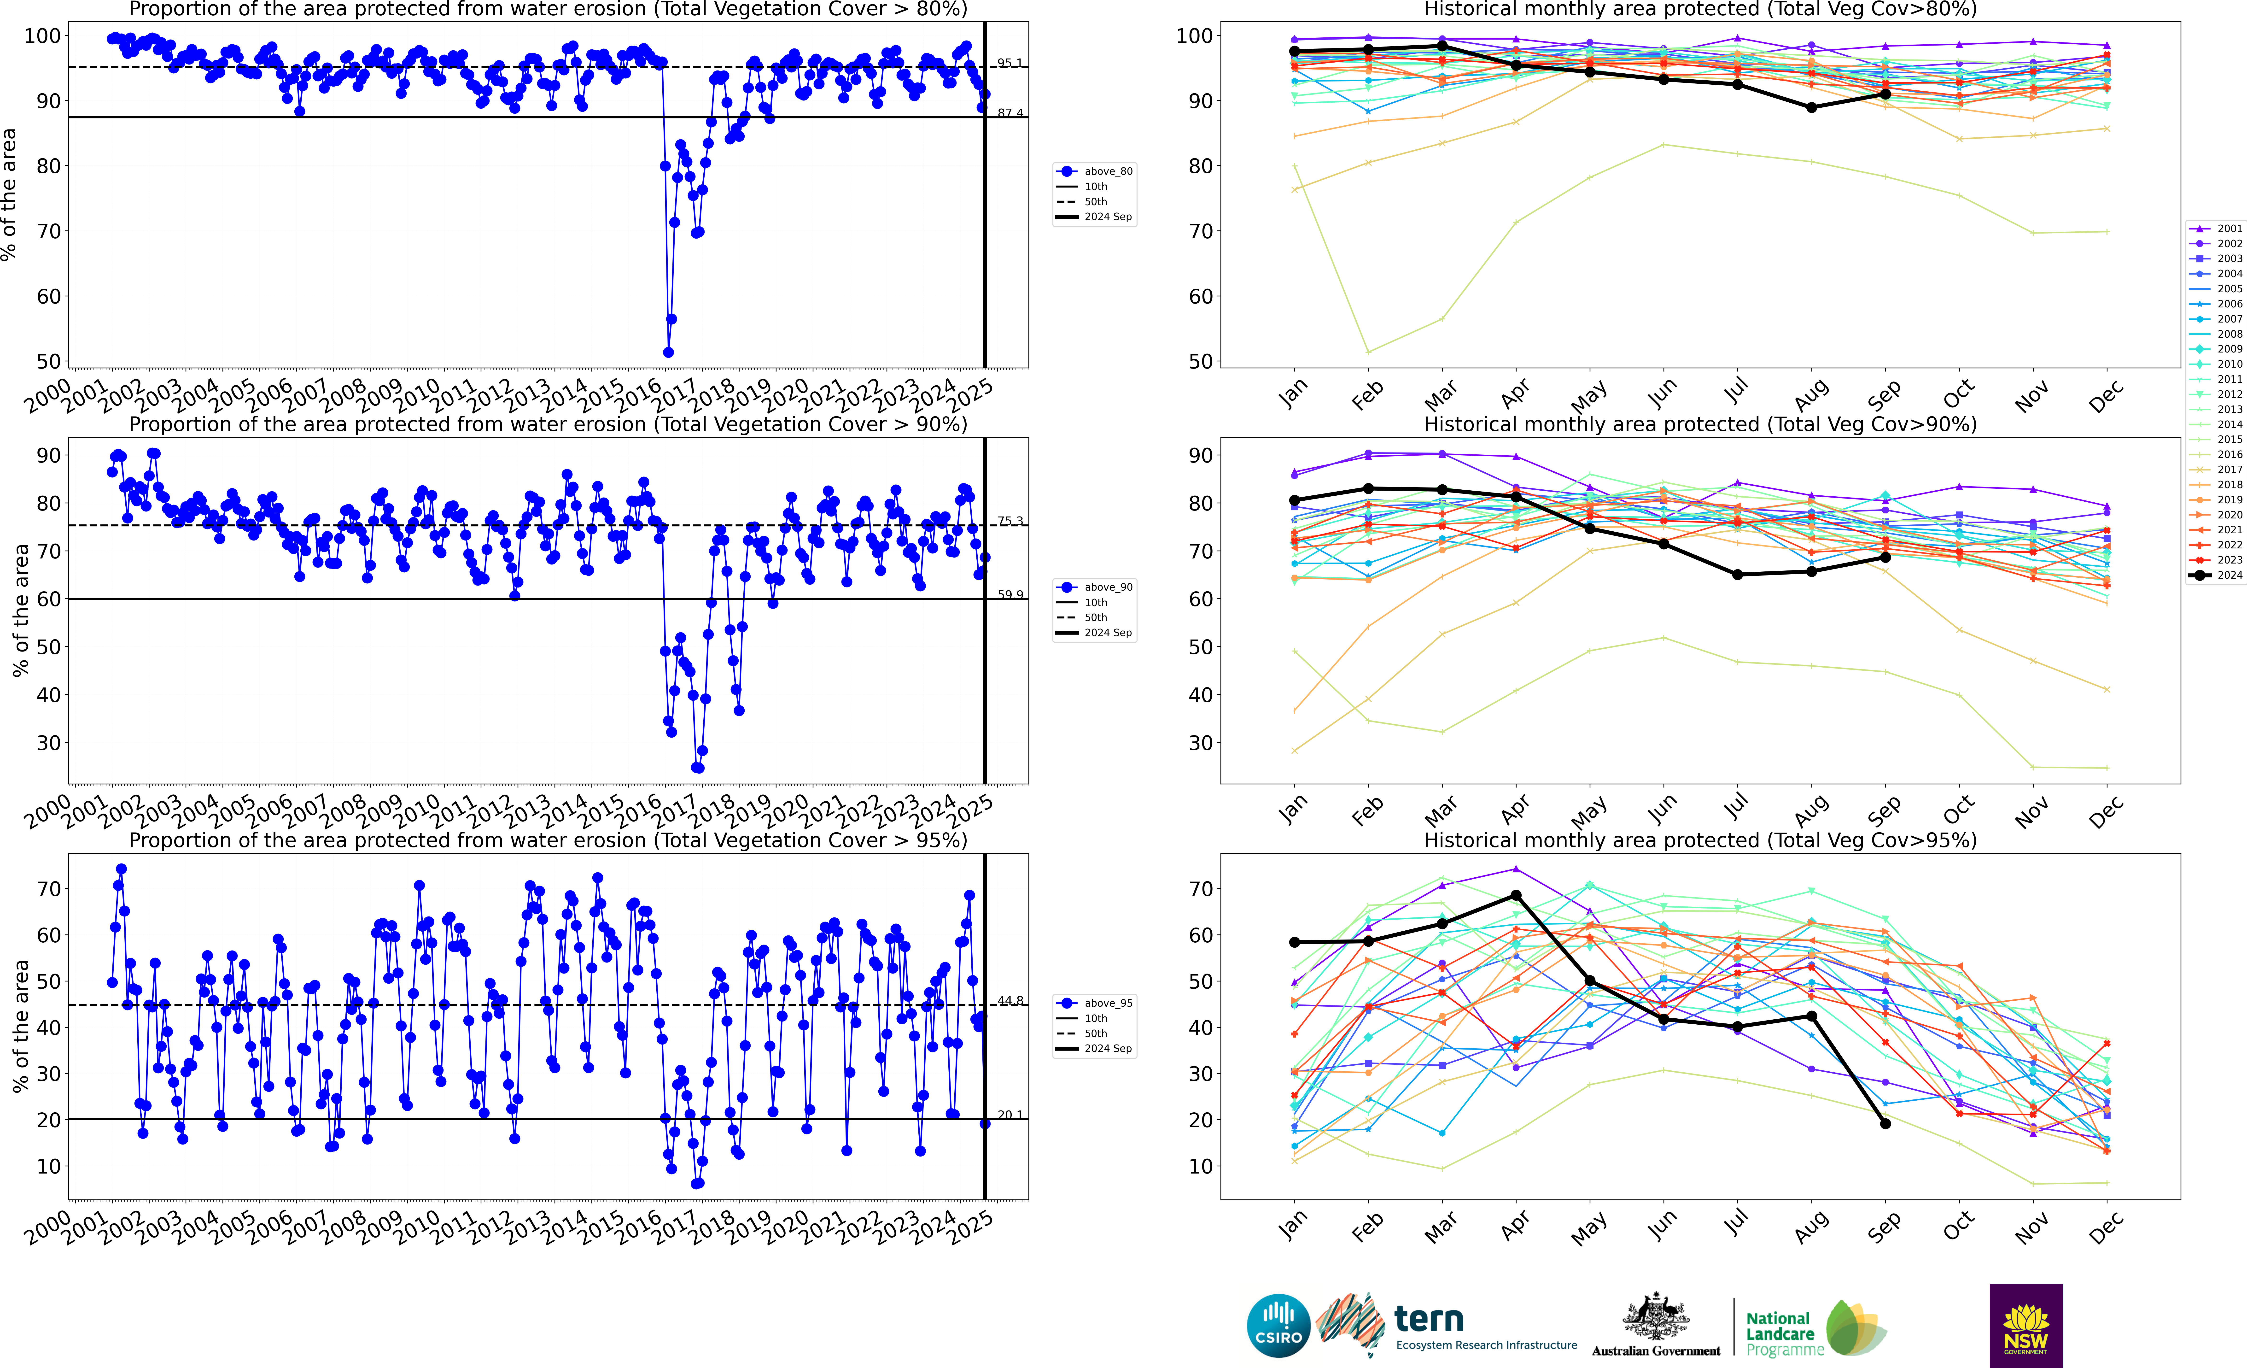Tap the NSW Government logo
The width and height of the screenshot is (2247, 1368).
[x=2025, y=1325]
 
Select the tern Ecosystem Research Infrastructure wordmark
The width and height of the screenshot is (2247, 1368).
[x=1485, y=1327]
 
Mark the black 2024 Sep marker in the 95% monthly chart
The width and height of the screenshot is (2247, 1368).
[x=1885, y=1124]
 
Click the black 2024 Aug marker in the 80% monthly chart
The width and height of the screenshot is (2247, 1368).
[x=1811, y=108]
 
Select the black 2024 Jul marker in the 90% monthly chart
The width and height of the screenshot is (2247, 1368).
[x=1737, y=575]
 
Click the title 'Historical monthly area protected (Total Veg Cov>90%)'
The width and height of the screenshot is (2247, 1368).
[x=1700, y=424]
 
